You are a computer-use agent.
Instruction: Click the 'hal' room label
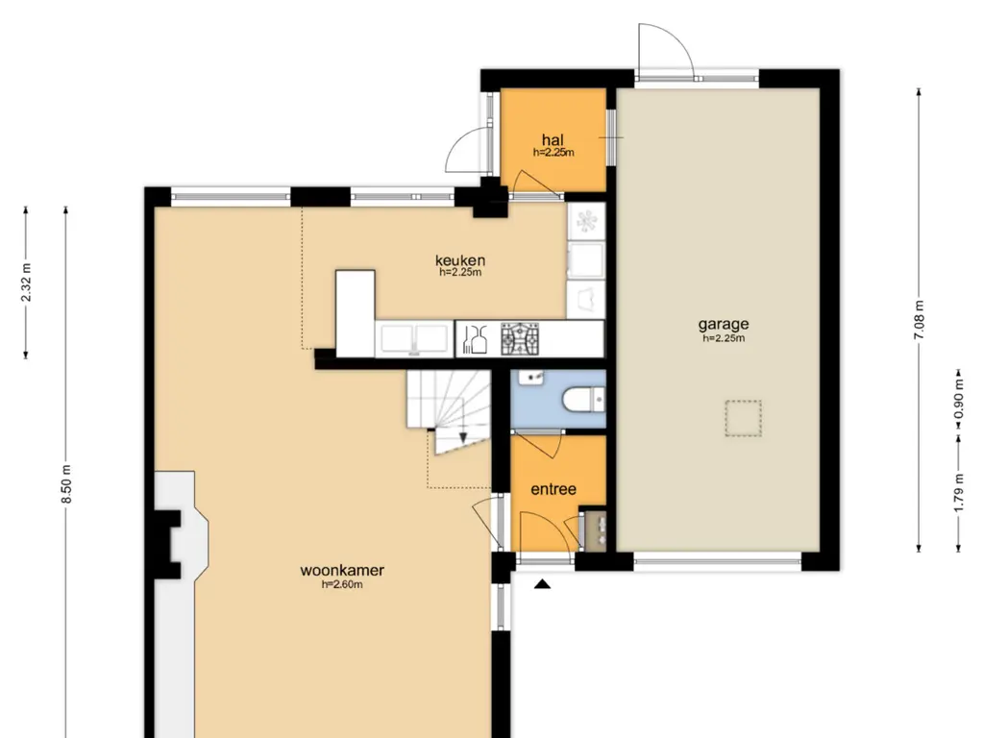point(553,140)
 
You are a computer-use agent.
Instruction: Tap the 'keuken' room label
point(460,259)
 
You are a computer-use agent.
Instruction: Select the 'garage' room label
point(724,325)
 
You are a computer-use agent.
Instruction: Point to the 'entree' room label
point(553,489)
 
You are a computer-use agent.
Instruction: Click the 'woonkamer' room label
point(342,571)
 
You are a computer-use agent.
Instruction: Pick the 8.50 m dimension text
point(67,484)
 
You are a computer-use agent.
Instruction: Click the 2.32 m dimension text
point(26,283)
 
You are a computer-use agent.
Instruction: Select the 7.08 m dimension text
point(920,320)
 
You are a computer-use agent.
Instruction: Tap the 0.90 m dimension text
point(959,400)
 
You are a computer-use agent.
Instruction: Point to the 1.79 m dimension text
point(959,493)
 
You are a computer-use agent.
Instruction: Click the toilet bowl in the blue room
point(580,400)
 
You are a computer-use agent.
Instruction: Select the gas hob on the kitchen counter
point(520,339)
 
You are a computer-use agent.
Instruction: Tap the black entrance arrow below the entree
point(542,584)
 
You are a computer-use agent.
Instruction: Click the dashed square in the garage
point(743,418)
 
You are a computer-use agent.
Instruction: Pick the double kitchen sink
point(413,339)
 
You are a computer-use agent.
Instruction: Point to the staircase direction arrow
point(462,437)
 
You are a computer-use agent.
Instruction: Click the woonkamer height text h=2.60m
point(342,585)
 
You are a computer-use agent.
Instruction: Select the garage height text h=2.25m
point(724,338)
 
